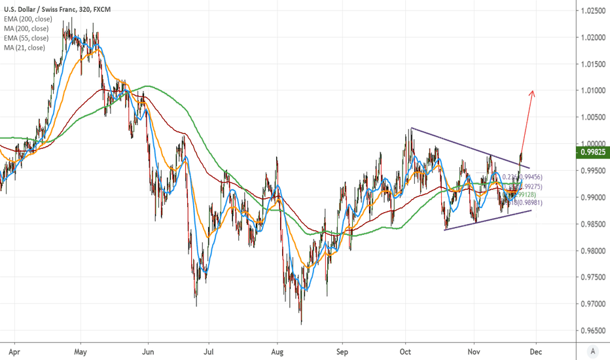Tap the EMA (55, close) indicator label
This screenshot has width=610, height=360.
(x=28, y=38)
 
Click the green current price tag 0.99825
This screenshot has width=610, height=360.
(x=592, y=153)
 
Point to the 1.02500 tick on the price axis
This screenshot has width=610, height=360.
(x=592, y=11)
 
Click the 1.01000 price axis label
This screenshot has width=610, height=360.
(x=592, y=91)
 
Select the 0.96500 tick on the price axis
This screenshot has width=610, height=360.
(x=592, y=331)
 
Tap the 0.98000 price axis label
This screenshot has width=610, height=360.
(x=592, y=251)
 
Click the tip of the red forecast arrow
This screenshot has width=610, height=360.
(x=533, y=90)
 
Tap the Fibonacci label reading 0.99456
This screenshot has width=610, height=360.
(x=528, y=177)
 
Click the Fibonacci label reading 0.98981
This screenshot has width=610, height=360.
(x=526, y=204)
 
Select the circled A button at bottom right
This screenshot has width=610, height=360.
(x=592, y=351)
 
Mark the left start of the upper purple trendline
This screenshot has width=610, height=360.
(x=411, y=128)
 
